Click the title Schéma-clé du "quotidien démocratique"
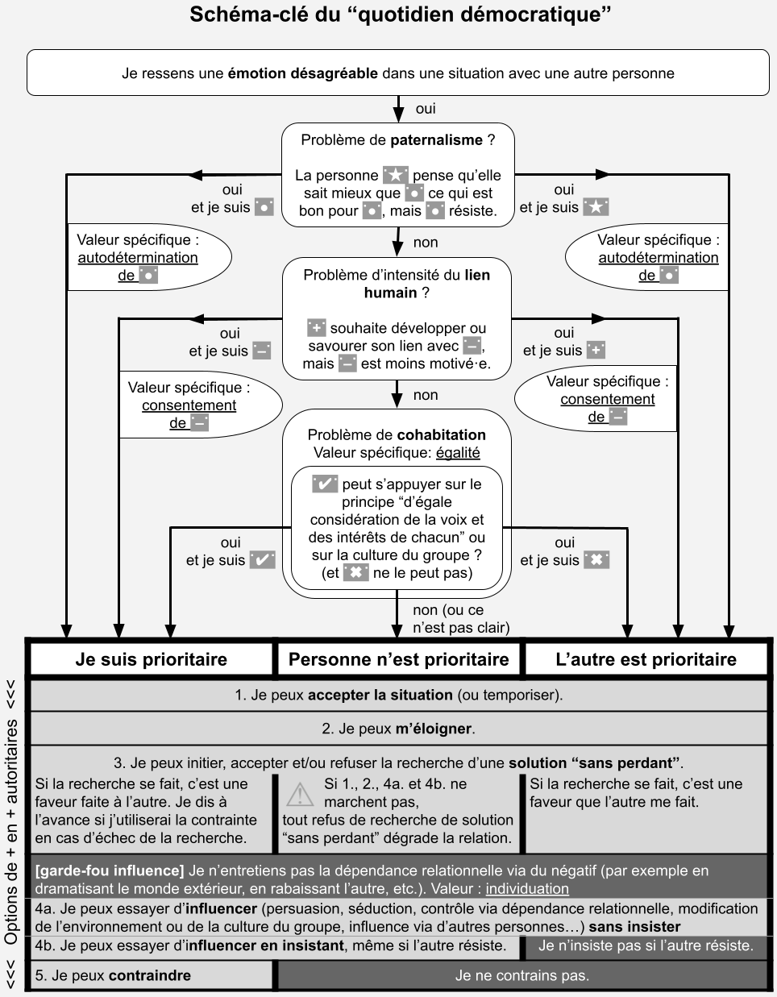coord(396,15)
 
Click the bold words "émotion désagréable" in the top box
coord(302,73)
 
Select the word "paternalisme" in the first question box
coord(436,140)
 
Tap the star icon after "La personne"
coord(395,175)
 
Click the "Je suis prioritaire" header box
coord(152,659)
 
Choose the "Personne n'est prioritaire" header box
coord(398,659)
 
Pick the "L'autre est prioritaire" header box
coord(646,659)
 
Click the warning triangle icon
coord(300,794)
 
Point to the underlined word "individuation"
coord(527,889)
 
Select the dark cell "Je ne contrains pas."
coord(521,975)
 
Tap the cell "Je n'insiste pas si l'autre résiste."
coord(646,945)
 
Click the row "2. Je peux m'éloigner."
coord(398,729)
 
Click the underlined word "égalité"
coord(458,453)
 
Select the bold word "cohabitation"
coord(442,435)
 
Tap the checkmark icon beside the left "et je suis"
coord(262,559)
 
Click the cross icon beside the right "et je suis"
coord(596,559)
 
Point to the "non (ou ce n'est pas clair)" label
coord(460,618)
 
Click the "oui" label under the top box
coord(426,109)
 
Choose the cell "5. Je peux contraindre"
coord(152,975)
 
